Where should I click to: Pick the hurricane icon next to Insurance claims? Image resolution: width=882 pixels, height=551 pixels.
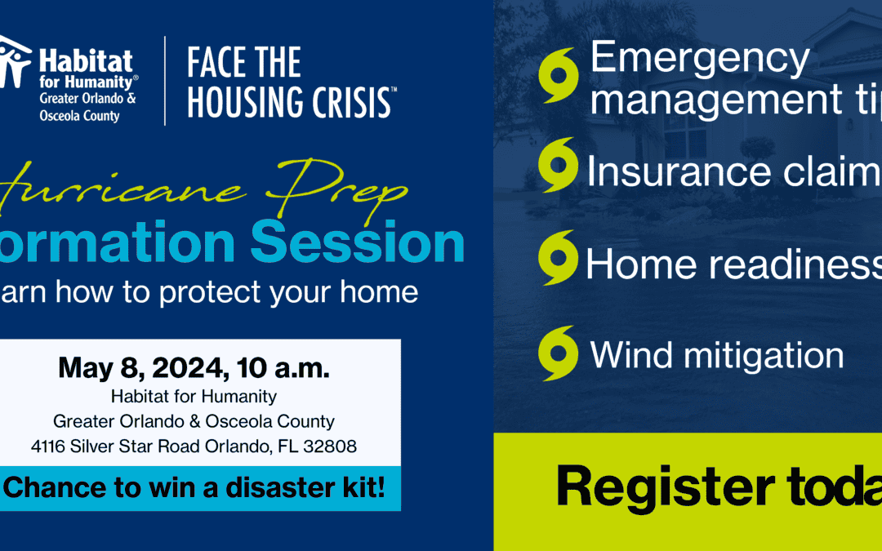point(559,166)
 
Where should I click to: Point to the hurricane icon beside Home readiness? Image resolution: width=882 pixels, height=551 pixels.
point(559,258)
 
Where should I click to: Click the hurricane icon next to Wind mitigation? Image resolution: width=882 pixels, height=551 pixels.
point(559,353)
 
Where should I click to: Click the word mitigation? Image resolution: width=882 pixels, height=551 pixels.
point(764,356)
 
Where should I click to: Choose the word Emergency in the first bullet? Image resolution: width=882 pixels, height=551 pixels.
point(699,60)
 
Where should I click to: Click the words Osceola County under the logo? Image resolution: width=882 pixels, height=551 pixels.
point(79,116)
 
